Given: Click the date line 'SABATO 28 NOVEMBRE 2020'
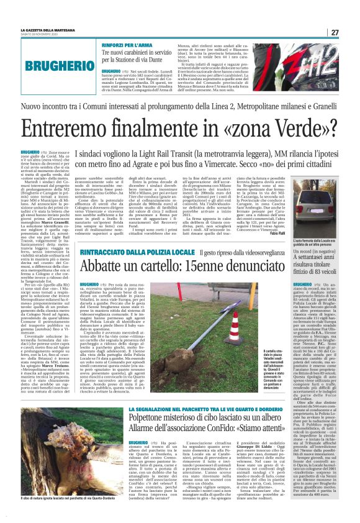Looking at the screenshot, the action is click(x=48, y=35).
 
